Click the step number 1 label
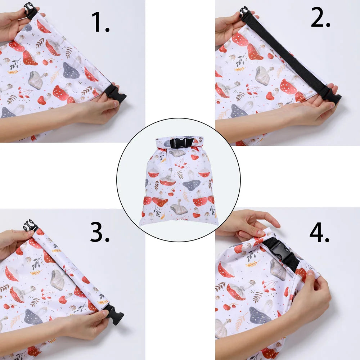(x=100, y=22)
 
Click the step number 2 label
(x=320, y=17)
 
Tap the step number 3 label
(x=100, y=232)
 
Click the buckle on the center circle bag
(x=181, y=143)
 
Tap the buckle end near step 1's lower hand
(x=116, y=94)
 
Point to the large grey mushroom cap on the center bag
(x=192, y=185)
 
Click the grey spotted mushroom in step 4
(x=260, y=315)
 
